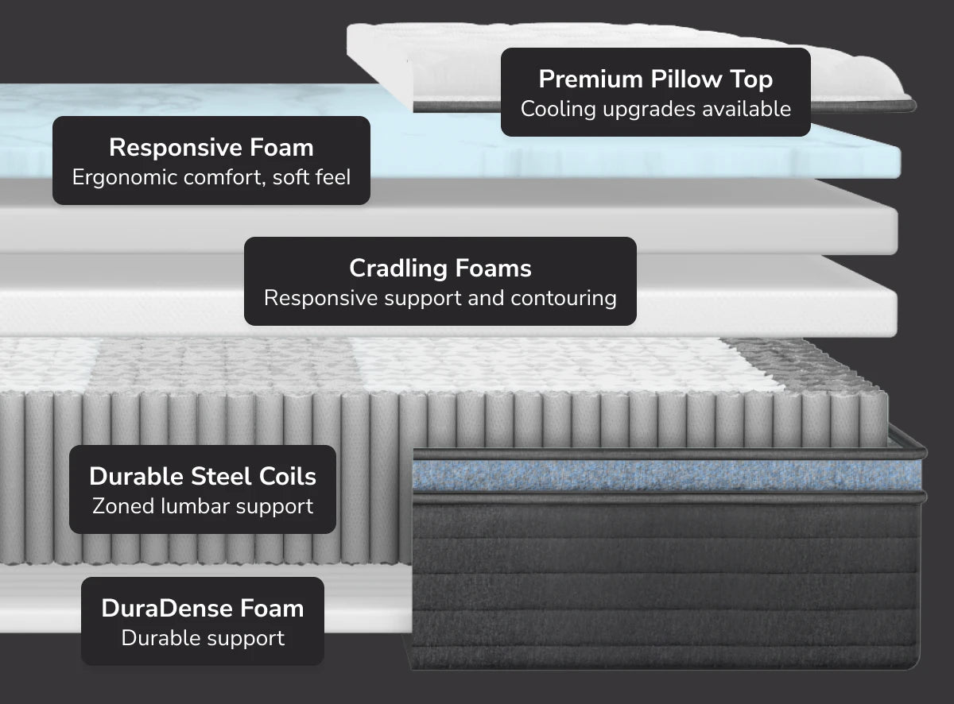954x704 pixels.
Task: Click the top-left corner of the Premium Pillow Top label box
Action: (502, 48)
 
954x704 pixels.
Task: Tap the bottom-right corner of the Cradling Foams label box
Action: (636, 325)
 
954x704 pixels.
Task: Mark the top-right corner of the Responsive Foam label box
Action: (370, 117)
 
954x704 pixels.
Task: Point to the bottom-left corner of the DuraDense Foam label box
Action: (82, 664)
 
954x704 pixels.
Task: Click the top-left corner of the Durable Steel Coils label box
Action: (70, 446)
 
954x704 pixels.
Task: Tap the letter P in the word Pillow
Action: (657, 79)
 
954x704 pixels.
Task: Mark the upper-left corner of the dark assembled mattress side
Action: (413, 449)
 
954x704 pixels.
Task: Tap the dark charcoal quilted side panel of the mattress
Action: (665, 585)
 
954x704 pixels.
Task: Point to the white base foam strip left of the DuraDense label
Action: (41, 602)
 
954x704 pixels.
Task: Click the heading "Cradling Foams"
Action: (440, 269)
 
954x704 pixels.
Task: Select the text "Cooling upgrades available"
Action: (656, 109)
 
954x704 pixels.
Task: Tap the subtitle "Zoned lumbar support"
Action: (203, 506)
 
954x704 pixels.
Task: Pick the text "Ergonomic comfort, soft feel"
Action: (211, 177)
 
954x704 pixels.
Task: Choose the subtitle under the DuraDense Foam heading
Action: (203, 638)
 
